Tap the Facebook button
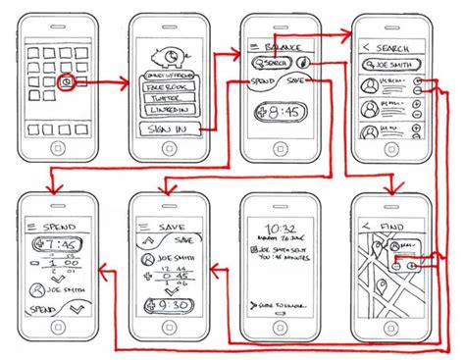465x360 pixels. [169, 87]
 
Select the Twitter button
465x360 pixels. [169, 100]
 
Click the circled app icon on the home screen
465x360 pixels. [64, 81]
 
